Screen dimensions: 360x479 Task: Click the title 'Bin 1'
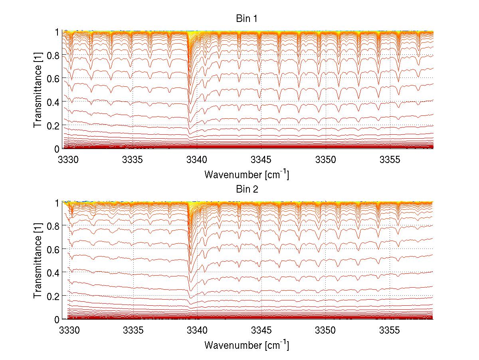(x=246, y=18)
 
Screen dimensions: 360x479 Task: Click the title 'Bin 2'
(x=246, y=189)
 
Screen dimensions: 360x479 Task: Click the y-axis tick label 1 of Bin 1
(x=57, y=32)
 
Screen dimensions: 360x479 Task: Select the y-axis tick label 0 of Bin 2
(x=57, y=319)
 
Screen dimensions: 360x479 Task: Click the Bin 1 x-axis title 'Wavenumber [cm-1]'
(x=246, y=174)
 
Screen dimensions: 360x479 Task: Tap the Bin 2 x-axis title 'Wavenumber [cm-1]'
(x=246, y=345)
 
